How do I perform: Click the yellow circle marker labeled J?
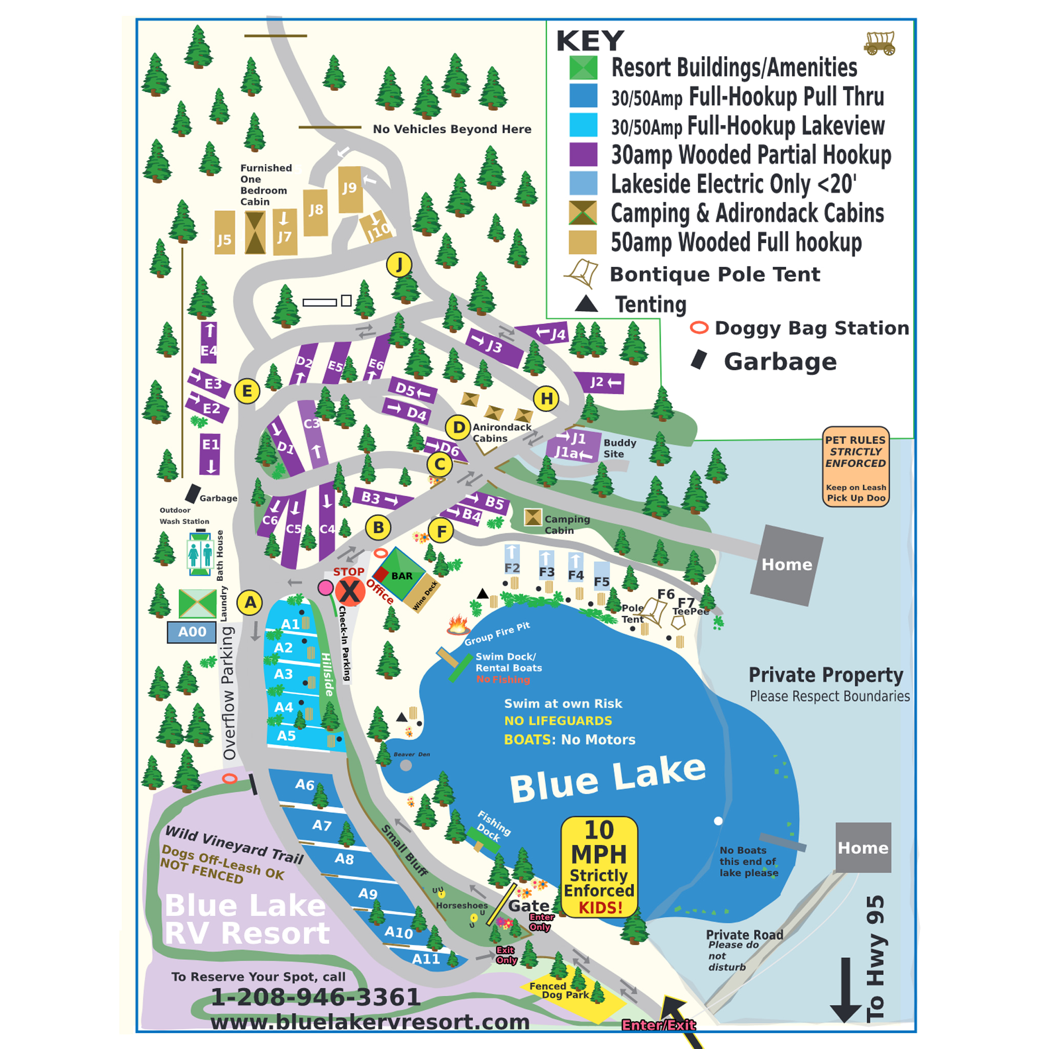tap(399, 265)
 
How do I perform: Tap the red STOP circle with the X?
tap(350, 591)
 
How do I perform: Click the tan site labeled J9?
tap(350, 189)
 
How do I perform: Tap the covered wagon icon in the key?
tap(879, 44)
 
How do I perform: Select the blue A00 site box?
tap(192, 632)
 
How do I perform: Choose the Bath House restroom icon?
tap(200, 554)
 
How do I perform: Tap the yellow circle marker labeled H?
tap(546, 399)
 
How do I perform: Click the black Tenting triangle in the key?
tap(586, 304)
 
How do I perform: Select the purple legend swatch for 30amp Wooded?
tap(583, 154)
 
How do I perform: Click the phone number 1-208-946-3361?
tap(316, 997)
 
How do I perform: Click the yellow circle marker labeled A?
tap(250, 602)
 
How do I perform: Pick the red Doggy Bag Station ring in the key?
tap(699, 328)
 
